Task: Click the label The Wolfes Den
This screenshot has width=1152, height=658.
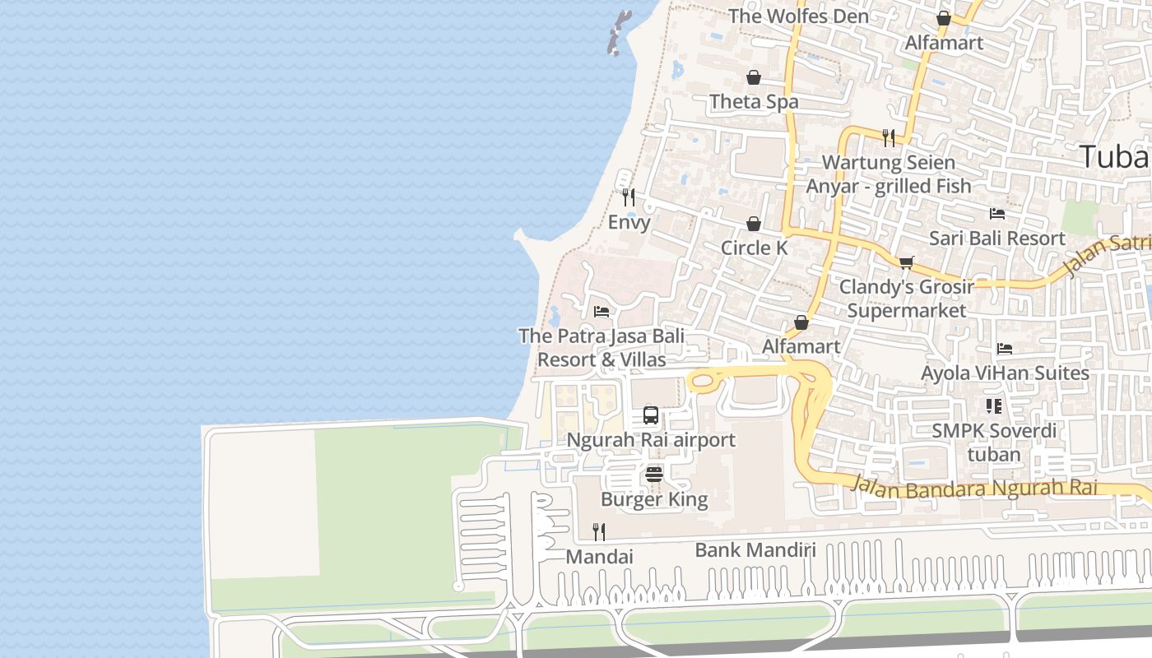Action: [x=798, y=16]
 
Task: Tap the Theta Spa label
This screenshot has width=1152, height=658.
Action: [x=754, y=102]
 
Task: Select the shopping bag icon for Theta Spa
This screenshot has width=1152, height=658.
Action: [x=754, y=77]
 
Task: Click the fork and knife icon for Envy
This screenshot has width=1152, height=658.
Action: [x=629, y=197]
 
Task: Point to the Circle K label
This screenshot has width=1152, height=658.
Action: [x=754, y=248]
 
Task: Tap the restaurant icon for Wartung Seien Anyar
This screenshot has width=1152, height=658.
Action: [x=889, y=137]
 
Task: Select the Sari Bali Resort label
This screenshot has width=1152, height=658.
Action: [x=996, y=239]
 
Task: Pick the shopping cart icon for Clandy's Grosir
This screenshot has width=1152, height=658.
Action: [x=906, y=262]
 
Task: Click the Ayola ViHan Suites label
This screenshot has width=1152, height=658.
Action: [x=1005, y=373]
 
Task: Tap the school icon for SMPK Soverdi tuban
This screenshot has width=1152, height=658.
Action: [x=994, y=405]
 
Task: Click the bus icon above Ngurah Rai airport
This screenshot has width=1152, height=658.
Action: [x=651, y=415]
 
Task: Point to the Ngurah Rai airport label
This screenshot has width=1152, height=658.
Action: [x=651, y=440]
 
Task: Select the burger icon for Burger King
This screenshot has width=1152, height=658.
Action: [x=654, y=474]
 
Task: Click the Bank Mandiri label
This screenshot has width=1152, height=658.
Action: [x=755, y=550]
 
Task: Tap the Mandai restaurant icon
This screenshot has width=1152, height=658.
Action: [x=599, y=532]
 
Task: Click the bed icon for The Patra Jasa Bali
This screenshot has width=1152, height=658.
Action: [x=602, y=312]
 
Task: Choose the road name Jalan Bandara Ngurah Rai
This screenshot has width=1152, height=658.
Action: [x=975, y=487]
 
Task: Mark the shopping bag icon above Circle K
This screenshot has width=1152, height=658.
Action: [x=754, y=224]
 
